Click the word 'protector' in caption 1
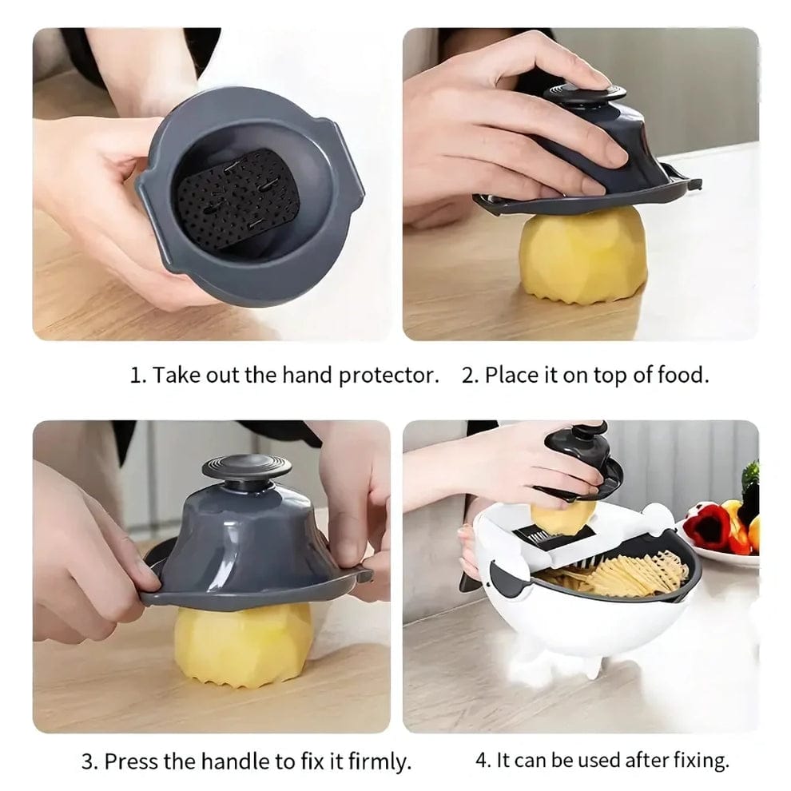pyautogui.click(x=389, y=376)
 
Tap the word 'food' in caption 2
pyautogui.click(x=684, y=376)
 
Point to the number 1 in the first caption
pyautogui.click(x=135, y=376)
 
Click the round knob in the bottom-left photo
pyautogui.click(x=246, y=467)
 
